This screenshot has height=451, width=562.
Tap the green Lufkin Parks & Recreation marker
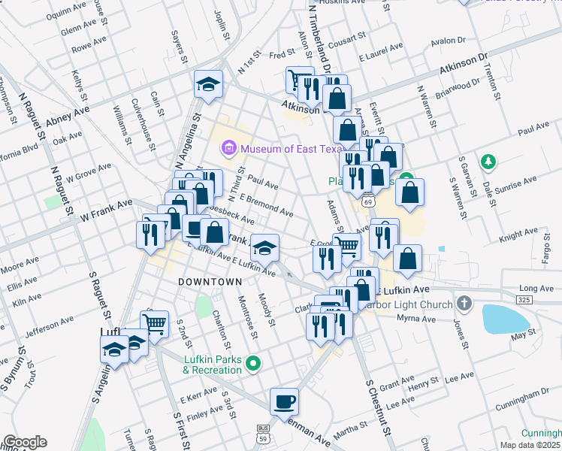pyautogui.click(x=253, y=365)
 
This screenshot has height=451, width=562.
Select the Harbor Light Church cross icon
pyautogui.click(x=464, y=304)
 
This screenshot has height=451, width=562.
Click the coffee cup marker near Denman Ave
pyautogui.click(x=284, y=401)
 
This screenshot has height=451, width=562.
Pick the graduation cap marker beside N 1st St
pyautogui.click(x=208, y=84)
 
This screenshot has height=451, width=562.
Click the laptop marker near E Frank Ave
pyautogui.click(x=195, y=227)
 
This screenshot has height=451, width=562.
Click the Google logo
pyautogui.click(x=25, y=442)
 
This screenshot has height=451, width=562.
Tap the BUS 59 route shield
pyautogui.click(x=262, y=431)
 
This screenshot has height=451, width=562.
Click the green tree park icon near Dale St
pyautogui.click(x=488, y=161)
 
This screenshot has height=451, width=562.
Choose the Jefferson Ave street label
pyautogui.click(x=51, y=328)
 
